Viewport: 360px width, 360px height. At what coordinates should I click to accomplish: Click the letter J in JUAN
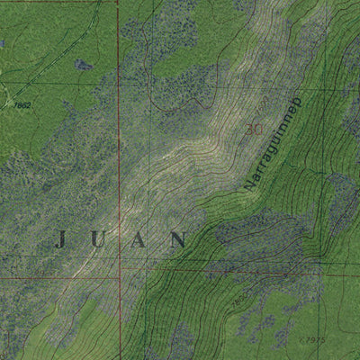pos(61,239)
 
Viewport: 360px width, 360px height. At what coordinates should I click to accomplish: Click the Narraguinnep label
pos(274,144)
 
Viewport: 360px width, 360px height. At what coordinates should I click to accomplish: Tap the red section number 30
pos(254,130)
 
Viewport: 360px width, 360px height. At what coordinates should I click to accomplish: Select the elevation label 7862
pos(22,105)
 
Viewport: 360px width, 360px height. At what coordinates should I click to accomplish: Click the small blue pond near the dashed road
pos(83,65)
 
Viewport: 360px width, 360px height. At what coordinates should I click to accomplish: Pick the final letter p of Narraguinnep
pos(301,103)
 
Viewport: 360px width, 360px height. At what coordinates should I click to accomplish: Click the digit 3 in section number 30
pos(249,130)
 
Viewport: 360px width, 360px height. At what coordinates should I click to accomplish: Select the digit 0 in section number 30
pos(258,130)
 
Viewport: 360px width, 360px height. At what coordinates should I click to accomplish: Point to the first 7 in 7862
pos(15,105)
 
